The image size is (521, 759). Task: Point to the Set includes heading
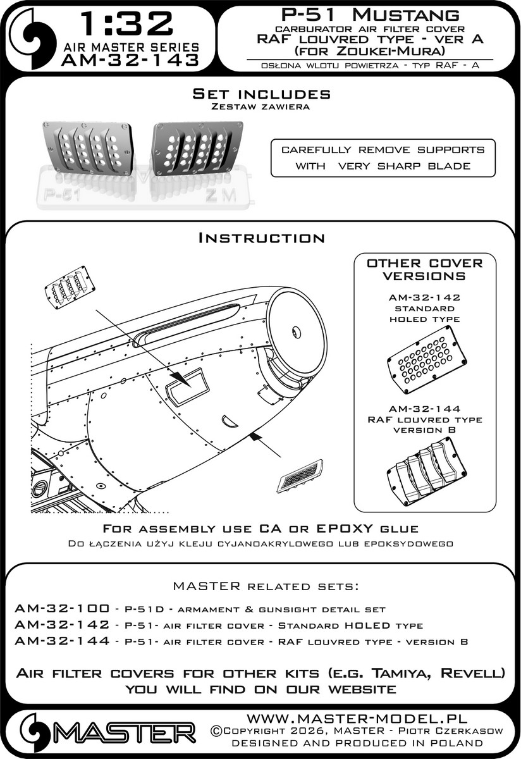coord(261,94)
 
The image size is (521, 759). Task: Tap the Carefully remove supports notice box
coord(383,158)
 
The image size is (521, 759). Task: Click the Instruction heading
coord(261,238)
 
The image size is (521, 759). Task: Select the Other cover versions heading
coord(424,269)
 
